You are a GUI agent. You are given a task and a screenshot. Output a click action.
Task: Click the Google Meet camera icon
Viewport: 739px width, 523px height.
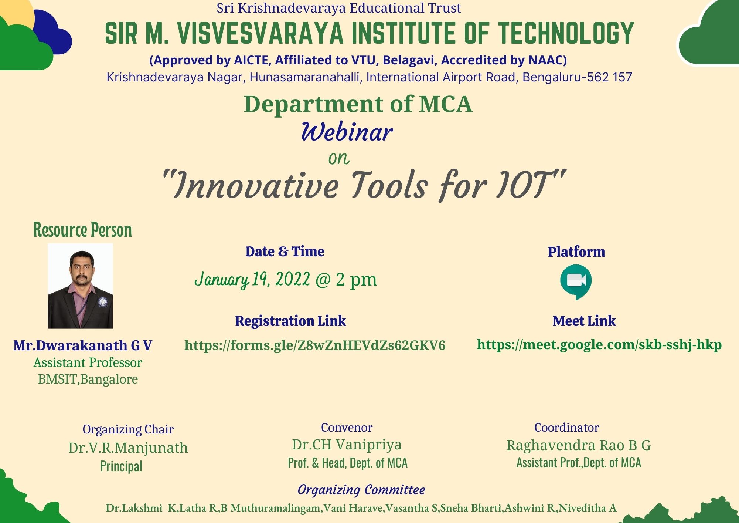576,282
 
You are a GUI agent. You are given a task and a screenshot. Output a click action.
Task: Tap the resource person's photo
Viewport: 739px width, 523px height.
80,286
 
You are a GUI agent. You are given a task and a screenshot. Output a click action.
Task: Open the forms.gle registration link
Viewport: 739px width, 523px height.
315,345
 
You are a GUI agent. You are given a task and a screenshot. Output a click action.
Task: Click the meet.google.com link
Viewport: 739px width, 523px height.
599,345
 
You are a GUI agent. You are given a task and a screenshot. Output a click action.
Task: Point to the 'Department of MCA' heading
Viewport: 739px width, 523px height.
358,104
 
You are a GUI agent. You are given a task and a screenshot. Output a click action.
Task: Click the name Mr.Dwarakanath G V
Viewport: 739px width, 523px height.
83,345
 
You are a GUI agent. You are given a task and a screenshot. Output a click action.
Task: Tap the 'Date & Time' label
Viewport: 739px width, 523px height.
285,252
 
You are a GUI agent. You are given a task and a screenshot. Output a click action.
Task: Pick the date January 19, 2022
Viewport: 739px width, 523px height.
252,279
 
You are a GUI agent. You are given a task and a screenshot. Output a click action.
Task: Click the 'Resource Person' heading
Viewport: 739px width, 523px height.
82,230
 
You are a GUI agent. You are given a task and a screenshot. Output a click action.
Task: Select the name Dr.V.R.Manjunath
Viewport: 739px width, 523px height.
128,448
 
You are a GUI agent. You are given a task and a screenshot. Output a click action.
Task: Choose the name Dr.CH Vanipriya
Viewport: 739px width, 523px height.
347,445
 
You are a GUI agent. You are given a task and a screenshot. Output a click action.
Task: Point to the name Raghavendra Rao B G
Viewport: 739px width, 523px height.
579,445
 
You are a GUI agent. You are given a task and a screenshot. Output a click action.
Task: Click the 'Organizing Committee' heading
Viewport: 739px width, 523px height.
361,490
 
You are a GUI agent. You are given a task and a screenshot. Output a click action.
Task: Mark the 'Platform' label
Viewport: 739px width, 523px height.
576,252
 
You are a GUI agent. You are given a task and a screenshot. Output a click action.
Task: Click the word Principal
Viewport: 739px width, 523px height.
121,466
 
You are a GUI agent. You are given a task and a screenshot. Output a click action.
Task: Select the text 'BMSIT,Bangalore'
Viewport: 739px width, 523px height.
88,379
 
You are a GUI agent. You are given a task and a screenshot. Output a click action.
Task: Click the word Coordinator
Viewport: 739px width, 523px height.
567,428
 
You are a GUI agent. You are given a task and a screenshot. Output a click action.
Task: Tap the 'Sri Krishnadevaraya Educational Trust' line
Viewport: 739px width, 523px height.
339,8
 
